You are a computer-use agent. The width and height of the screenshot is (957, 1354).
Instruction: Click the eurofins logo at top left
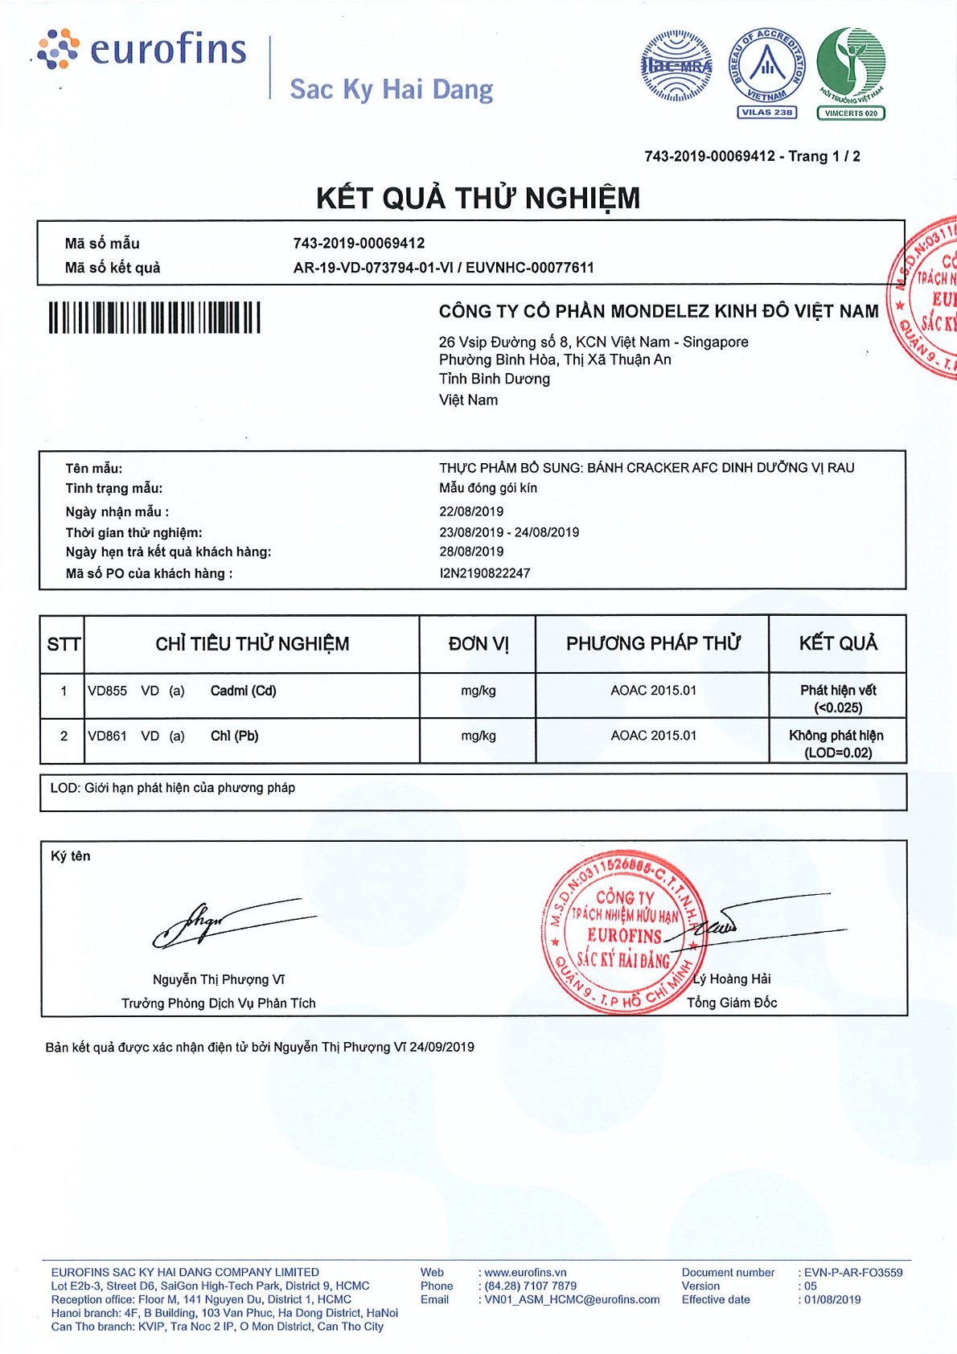pos(142,50)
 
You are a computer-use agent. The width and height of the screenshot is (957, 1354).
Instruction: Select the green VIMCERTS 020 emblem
pos(851,72)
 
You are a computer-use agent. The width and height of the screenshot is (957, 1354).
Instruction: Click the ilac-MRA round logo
pos(676,66)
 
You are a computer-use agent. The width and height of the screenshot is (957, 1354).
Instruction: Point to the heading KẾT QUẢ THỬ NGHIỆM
pos(478,198)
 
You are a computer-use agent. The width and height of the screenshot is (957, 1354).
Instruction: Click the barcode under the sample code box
pos(154,318)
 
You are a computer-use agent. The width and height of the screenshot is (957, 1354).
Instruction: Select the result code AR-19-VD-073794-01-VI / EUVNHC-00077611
pos(443,268)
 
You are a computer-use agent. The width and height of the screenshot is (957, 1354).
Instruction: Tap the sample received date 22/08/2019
pos(471,511)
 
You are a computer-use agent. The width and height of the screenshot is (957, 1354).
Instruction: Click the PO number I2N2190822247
pos(484,573)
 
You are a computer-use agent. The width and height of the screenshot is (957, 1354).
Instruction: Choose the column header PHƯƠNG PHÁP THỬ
pos(652,643)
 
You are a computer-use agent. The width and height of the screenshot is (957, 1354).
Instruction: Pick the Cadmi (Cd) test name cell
pos(243,691)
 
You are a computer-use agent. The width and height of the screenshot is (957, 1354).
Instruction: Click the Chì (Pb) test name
pos(234,736)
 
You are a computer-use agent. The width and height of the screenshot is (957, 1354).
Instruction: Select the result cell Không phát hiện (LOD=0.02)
pos(836,744)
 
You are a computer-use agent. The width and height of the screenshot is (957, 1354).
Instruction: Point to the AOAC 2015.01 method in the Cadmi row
pos(653,691)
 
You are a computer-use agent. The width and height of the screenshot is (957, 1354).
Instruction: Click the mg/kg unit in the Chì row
pos(478,736)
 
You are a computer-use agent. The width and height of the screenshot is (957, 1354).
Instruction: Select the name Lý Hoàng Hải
pos(732,979)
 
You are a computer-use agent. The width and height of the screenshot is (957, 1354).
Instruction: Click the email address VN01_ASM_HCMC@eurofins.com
pos(572,1299)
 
